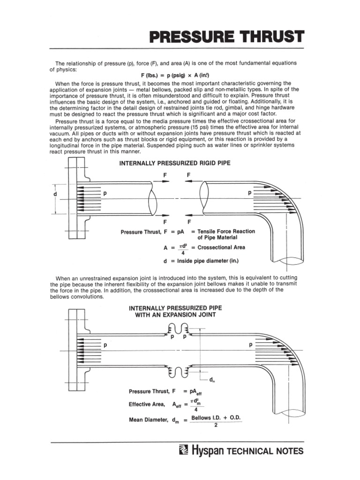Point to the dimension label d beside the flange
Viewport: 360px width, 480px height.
point(55,194)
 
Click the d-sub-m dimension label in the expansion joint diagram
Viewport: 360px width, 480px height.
point(211,380)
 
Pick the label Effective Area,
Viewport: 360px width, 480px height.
point(147,404)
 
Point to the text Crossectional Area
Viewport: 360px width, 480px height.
point(221,247)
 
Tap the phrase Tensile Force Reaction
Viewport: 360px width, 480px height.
point(226,232)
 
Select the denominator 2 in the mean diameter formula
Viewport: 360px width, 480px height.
point(215,426)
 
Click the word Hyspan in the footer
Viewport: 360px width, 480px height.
point(208,451)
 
